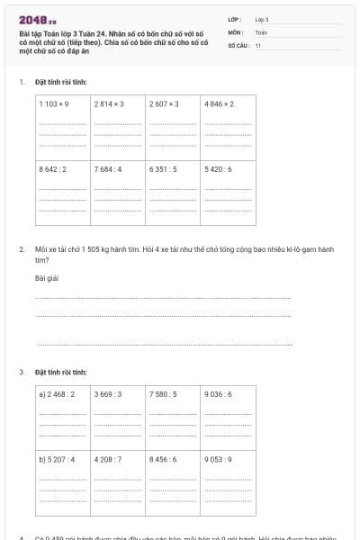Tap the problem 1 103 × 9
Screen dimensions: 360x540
[55, 104]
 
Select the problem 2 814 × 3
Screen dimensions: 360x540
[109, 104]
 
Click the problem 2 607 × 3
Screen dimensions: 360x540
[165, 104]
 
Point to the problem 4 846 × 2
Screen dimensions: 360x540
[220, 104]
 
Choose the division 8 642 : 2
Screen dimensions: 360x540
[54, 169]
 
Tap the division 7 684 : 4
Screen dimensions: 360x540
[108, 169]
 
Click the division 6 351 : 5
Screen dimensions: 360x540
[164, 169]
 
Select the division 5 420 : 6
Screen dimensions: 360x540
[219, 169]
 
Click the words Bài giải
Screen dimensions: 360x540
[47, 278]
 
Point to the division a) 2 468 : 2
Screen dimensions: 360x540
[57, 394]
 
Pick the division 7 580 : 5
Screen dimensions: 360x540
[164, 394]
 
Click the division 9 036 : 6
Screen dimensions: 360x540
[219, 394]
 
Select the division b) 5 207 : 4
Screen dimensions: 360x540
[57, 459]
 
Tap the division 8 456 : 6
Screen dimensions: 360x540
[164, 459]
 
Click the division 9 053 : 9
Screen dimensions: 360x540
[219, 459]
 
